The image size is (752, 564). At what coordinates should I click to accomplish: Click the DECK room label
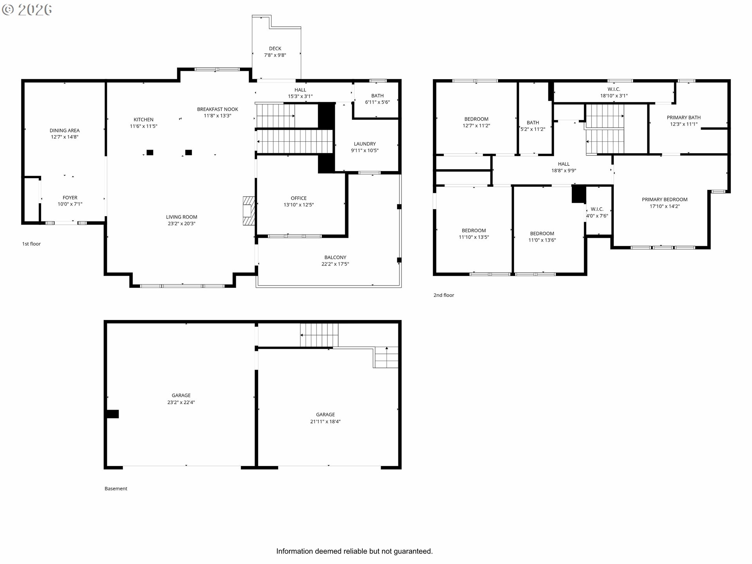275,49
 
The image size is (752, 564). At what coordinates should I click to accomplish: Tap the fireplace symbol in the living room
249,211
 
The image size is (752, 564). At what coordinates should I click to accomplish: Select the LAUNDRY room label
365,144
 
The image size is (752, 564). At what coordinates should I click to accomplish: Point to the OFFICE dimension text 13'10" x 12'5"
298,205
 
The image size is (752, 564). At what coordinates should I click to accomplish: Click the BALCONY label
335,257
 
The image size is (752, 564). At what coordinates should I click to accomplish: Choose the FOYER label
70,198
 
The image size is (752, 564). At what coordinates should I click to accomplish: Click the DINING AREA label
65,130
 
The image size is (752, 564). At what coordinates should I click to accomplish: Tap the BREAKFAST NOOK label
217,109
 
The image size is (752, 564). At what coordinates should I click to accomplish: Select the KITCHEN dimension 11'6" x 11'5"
143,126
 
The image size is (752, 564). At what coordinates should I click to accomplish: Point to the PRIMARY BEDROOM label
665,199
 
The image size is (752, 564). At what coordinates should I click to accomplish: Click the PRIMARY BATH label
683,117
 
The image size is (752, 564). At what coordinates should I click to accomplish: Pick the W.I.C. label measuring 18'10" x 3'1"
614,89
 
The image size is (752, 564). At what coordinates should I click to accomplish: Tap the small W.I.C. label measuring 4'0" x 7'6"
597,209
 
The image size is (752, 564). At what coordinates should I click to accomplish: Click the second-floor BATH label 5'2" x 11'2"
533,123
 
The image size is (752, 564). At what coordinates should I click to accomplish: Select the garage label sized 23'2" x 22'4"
181,396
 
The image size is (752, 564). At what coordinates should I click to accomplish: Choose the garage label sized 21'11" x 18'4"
325,414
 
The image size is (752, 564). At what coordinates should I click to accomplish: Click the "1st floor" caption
31,244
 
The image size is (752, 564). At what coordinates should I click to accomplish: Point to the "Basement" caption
116,488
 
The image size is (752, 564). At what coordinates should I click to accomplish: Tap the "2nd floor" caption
444,295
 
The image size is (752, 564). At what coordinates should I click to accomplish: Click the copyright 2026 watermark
27,10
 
